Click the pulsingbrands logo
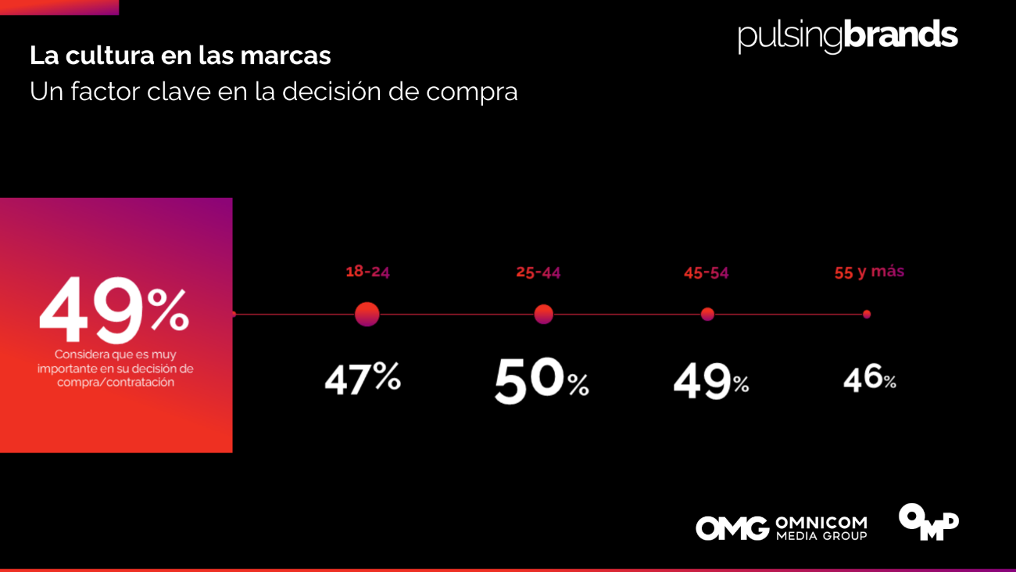click(847, 37)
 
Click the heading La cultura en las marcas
click(181, 56)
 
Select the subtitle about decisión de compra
click(274, 92)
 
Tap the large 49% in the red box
click(114, 311)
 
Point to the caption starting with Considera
click(116, 369)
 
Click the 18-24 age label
click(367, 272)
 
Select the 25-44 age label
click(538, 272)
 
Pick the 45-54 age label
click(707, 273)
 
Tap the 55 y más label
click(869, 272)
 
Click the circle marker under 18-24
click(367, 315)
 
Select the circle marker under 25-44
click(543, 315)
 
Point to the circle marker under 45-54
click(707, 315)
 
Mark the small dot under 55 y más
click(867, 315)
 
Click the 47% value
click(363, 379)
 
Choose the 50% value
click(541, 380)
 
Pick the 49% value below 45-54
click(710, 381)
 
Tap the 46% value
click(869, 379)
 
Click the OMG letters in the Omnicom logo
click(732, 528)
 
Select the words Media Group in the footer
click(821, 536)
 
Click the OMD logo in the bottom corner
click(928, 521)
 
